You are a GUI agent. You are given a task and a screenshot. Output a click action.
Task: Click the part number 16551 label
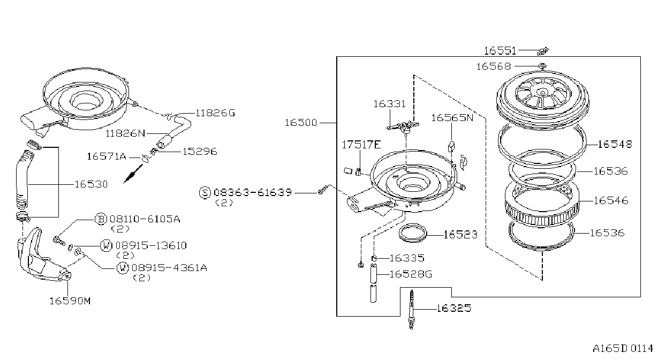(500, 51)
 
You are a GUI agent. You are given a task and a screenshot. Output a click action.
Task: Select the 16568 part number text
(494, 66)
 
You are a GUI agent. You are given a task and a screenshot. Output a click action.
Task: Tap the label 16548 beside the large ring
(615, 144)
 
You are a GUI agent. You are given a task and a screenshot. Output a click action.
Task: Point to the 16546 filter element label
(611, 200)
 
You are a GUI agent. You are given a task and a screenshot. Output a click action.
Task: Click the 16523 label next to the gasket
(460, 235)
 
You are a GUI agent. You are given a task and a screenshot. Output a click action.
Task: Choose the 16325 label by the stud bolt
(454, 308)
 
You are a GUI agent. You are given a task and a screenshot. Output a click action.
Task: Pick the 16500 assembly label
(301, 123)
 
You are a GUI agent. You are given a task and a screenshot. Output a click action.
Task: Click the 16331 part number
(389, 104)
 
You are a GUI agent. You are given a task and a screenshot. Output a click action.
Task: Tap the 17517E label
(361, 145)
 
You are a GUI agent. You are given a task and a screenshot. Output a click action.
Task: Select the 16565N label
(452, 118)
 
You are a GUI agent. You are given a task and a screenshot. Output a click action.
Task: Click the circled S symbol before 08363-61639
(205, 193)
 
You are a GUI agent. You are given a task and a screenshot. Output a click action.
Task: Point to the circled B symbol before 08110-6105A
(101, 219)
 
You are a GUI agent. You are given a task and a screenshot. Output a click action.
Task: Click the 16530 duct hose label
(91, 184)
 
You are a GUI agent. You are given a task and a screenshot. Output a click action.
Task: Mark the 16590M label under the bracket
(70, 301)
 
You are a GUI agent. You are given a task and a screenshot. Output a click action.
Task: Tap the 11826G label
(215, 113)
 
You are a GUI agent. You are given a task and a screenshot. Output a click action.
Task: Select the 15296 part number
(200, 152)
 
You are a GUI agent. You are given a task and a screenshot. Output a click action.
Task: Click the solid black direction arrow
(133, 174)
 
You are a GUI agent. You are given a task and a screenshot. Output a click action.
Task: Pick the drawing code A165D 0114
(623, 349)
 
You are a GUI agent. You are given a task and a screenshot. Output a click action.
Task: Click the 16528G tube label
(411, 274)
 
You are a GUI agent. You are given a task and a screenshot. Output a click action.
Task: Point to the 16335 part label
(407, 258)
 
